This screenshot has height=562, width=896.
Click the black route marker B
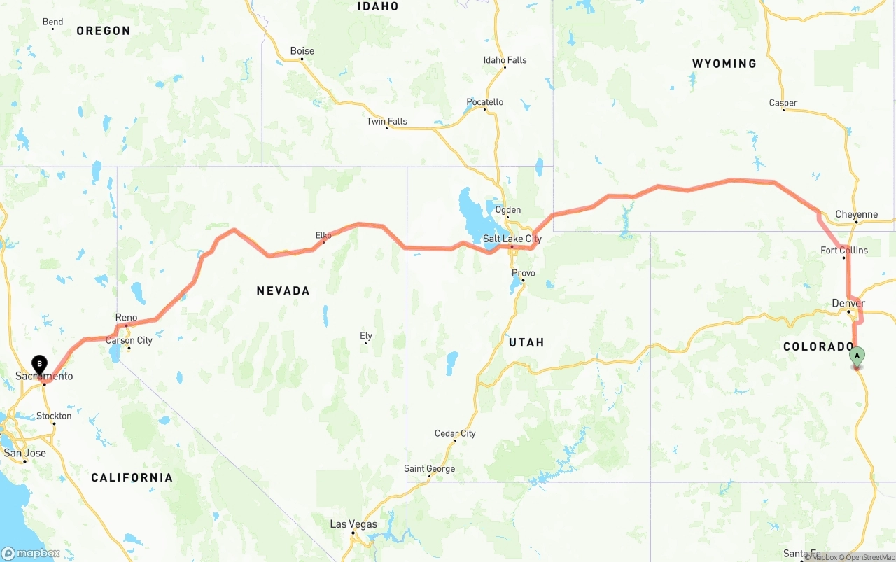tap(40, 364)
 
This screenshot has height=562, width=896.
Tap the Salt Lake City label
tap(512, 239)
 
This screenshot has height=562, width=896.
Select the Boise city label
tap(302, 51)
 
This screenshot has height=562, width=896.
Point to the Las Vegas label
tap(353, 524)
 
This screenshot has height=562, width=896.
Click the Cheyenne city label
tap(856, 215)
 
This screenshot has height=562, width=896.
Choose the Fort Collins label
tap(844, 251)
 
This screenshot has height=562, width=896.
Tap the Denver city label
tap(848, 304)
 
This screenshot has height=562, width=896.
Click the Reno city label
tap(127, 318)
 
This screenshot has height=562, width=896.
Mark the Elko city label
tap(323, 236)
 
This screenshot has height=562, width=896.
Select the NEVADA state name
tap(283, 290)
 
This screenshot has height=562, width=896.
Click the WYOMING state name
tap(724, 64)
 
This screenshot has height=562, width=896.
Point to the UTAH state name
tap(526, 342)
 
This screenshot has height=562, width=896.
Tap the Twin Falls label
tap(386, 122)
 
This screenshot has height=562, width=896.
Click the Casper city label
tap(783, 103)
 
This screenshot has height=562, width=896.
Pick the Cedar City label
tap(455, 434)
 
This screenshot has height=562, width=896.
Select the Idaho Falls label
tap(505, 60)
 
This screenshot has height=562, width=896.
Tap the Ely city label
tap(366, 336)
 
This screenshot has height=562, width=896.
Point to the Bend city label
tap(52, 22)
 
